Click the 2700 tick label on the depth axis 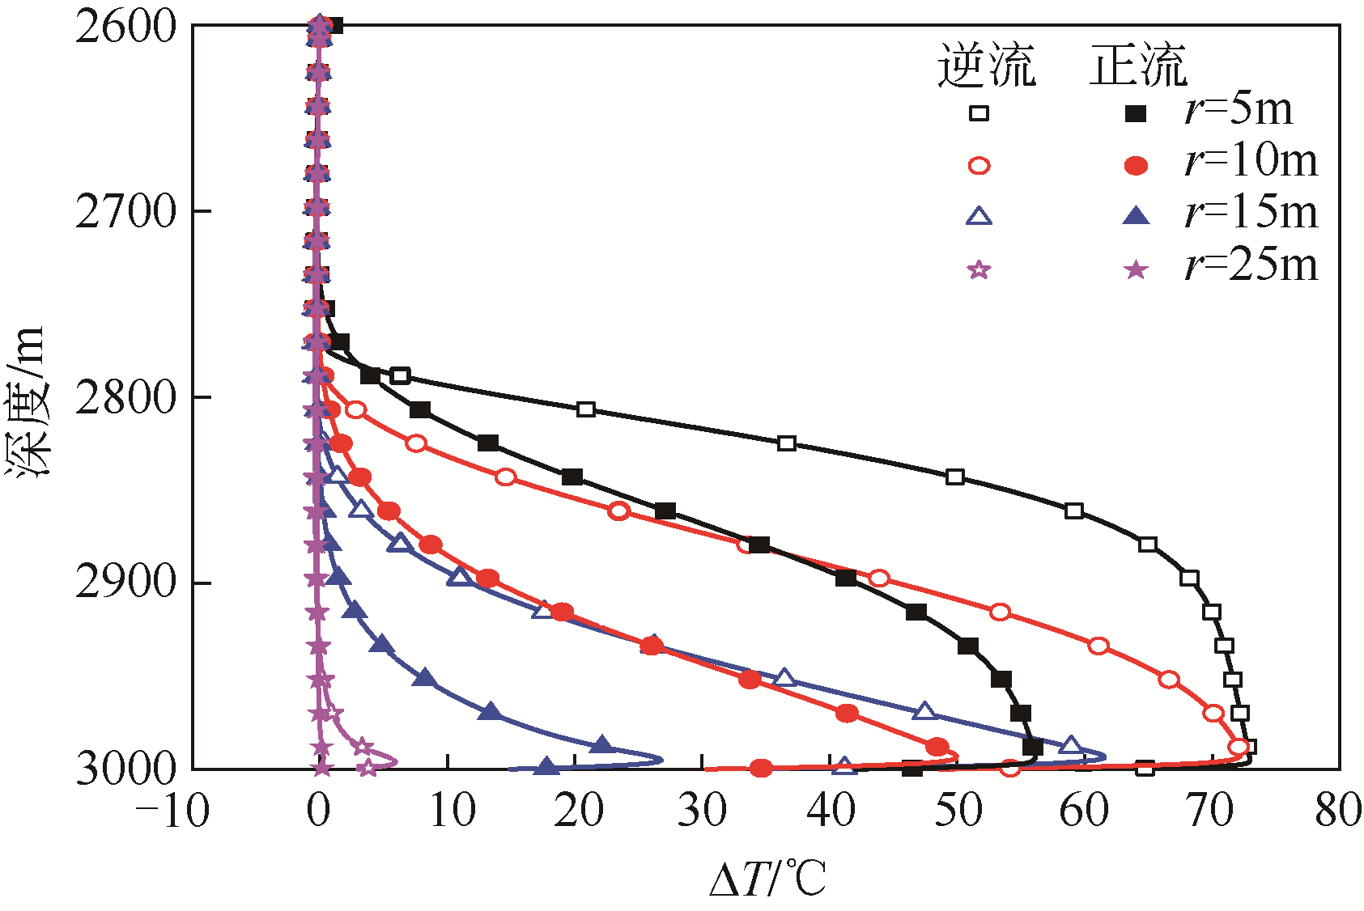point(125,212)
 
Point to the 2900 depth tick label point(125,583)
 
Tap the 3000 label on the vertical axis point(125,769)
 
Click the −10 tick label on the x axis point(172,810)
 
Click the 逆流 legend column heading point(986,65)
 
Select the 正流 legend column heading point(1137,65)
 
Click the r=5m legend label point(1239,109)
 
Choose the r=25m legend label point(1251,265)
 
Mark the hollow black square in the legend point(979,113)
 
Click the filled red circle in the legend point(1137,166)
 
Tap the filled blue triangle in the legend point(1137,216)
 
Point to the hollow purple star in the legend point(979,269)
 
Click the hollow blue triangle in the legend point(979,216)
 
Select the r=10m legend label point(1251,161)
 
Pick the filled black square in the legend point(1137,113)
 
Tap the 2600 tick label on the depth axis point(125,28)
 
